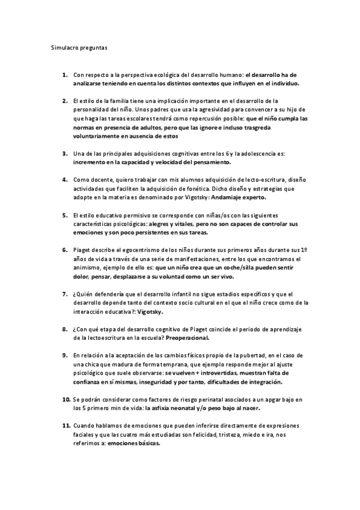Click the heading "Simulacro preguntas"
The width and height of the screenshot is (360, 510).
[78, 46]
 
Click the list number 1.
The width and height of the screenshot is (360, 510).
[64, 75]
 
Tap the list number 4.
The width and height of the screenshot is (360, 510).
[64, 179]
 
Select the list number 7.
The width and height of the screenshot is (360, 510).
[64, 293]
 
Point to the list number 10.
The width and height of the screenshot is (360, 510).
[66, 399]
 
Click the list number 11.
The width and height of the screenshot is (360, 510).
[66, 425]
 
